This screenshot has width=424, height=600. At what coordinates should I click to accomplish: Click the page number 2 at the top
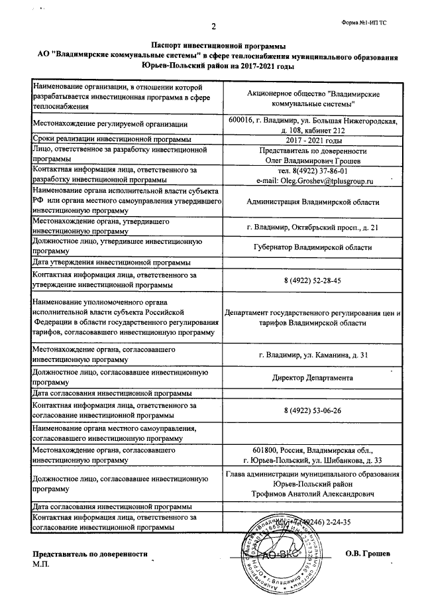pos(214,27)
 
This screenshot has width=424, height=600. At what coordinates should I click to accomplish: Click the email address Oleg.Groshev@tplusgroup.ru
pos(315,180)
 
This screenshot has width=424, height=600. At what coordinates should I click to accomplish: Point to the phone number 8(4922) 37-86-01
pos(314,170)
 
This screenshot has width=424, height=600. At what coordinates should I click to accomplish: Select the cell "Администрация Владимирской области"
pos(313,201)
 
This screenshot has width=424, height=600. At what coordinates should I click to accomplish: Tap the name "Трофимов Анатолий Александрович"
pos(313,494)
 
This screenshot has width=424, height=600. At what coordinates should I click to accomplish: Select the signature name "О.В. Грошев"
pos(369,554)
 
